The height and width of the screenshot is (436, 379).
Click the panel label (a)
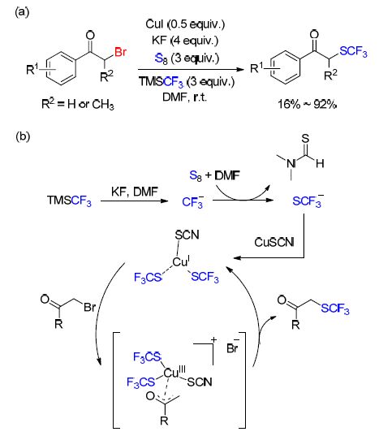pyautogui.click(x=22, y=12)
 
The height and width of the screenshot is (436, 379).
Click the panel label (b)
pyautogui.click(x=23, y=136)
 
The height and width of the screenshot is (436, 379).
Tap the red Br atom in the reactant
pyautogui.click(x=120, y=52)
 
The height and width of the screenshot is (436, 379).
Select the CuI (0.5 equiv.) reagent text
pyautogui.click(x=185, y=24)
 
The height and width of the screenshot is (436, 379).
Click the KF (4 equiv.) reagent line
pyautogui.click(x=185, y=41)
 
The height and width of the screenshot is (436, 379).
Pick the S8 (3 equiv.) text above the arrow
pyautogui.click(x=187, y=58)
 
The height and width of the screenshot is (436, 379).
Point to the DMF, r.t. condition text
pyautogui.click(x=185, y=97)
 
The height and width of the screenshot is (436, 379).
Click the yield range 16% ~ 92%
pyautogui.click(x=308, y=104)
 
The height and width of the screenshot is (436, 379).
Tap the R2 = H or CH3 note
pyautogui.click(x=78, y=104)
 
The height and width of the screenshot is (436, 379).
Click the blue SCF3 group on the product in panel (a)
pyautogui.click(x=353, y=52)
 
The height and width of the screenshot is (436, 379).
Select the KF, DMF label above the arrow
pyautogui.click(x=135, y=192)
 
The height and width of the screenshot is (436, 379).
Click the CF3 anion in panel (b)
pyautogui.click(x=193, y=201)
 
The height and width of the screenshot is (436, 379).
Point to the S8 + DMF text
pyautogui.click(x=214, y=175)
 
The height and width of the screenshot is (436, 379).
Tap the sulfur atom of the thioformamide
pyautogui.click(x=305, y=139)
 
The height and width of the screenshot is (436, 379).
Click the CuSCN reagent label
pyautogui.click(x=274, y=242)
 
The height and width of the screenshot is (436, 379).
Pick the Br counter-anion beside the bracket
pyautogui.click(x=233, y=347)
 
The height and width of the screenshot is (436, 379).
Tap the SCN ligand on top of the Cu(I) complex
pyautogui.click(x=187, y=235)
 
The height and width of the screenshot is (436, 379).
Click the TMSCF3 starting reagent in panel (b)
pyautogui.click(x=69, y=201)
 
